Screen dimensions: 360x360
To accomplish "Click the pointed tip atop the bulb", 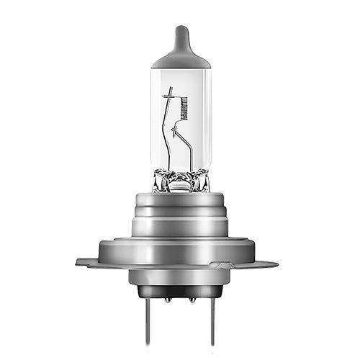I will pyautogui.click(x=181, y=31).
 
